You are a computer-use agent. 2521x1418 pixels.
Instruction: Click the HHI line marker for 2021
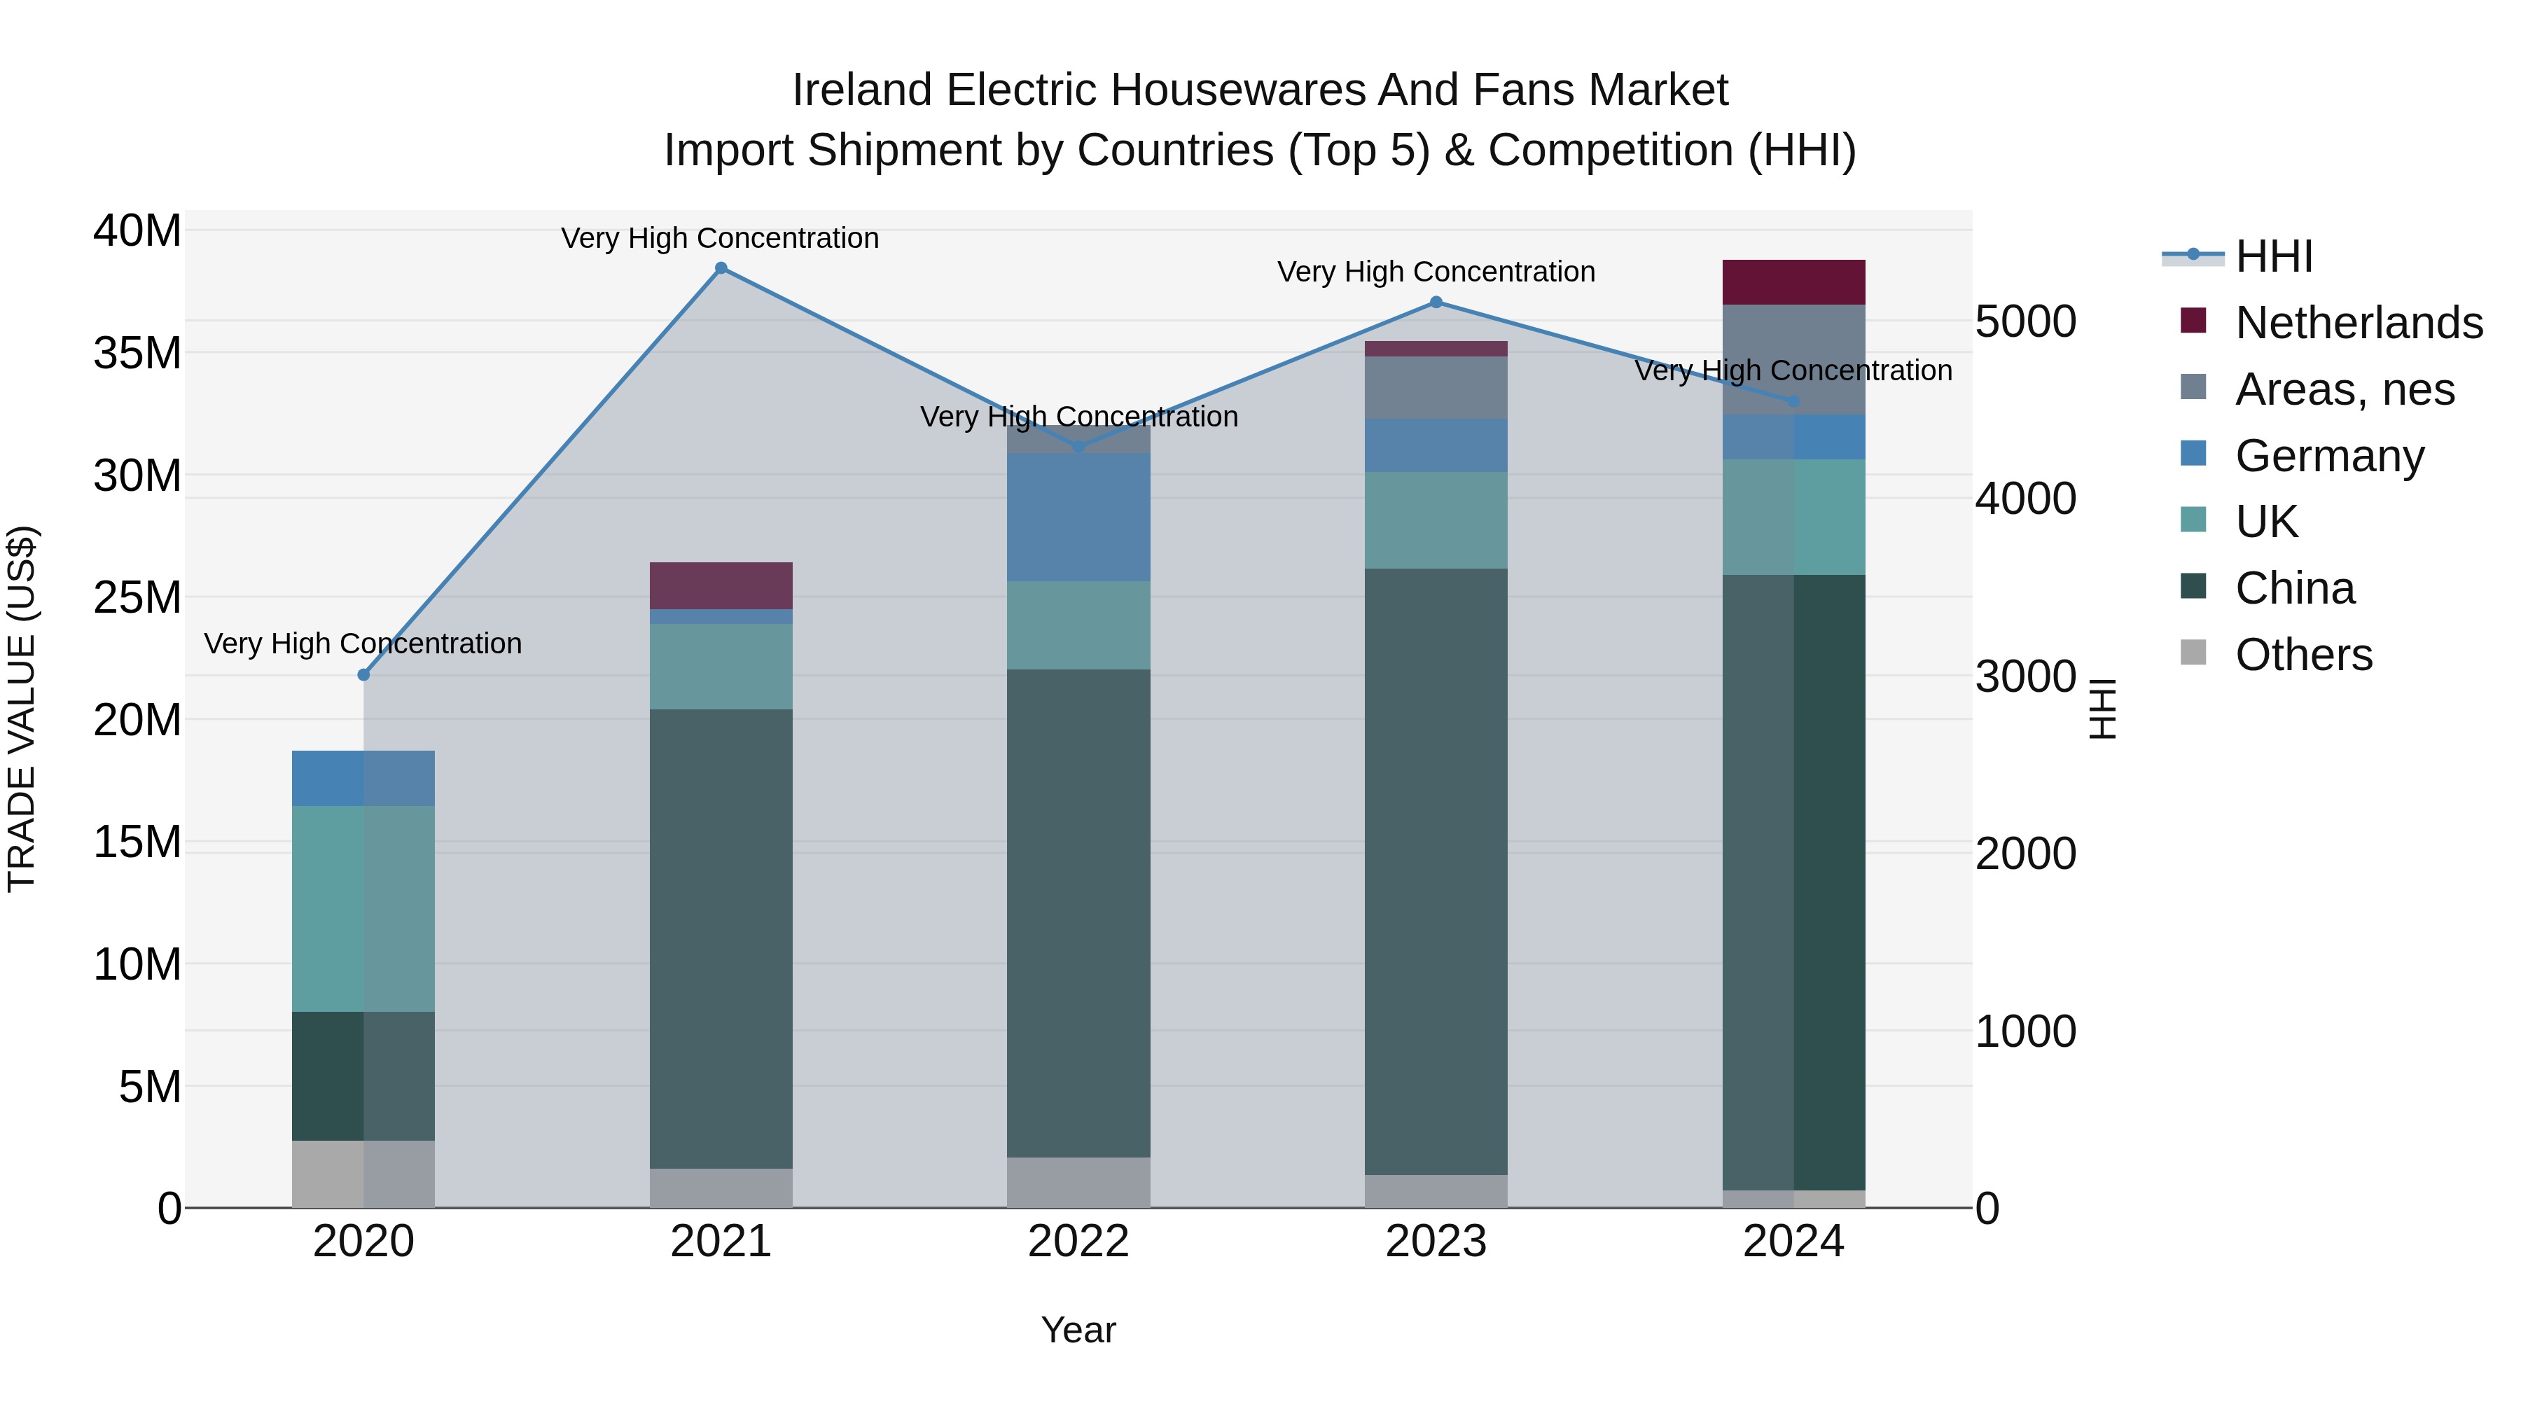coord(721,268)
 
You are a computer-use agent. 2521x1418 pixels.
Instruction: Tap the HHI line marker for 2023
coord(1436,303)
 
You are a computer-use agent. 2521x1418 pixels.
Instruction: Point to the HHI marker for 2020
coord(364,674)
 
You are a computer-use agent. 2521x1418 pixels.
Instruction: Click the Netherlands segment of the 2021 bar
coord(721,585)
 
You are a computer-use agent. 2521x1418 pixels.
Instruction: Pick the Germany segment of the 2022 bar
coord(1078,517)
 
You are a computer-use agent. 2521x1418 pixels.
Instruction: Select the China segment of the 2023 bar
coord(1436,871)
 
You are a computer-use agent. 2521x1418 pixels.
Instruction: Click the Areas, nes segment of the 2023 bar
coord(1436,387)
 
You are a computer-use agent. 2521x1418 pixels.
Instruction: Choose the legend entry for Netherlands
coord(2359,323)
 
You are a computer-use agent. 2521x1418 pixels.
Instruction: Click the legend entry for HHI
coord(2273,256)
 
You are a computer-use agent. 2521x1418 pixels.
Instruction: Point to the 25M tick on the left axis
coord(137,597)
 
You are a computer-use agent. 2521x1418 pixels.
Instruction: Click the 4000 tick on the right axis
coord(2025,498)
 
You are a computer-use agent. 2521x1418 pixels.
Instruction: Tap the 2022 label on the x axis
coord(1078,1242)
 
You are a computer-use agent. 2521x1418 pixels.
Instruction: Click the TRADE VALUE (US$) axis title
coord(22,709)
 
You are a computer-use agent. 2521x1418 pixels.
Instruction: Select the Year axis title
coord(1078,1330)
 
